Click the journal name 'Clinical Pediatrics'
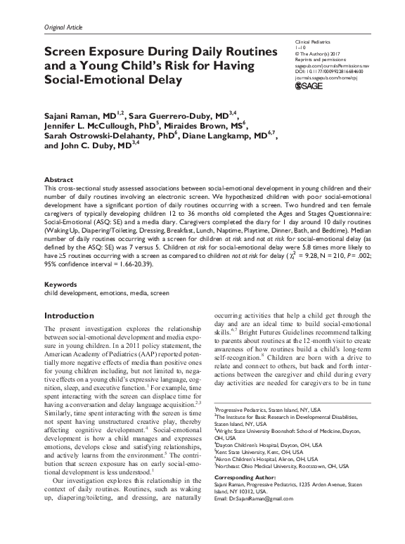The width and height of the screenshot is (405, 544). pos(311,44)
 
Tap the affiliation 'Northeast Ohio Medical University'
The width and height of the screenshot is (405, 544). pos(255,463)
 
